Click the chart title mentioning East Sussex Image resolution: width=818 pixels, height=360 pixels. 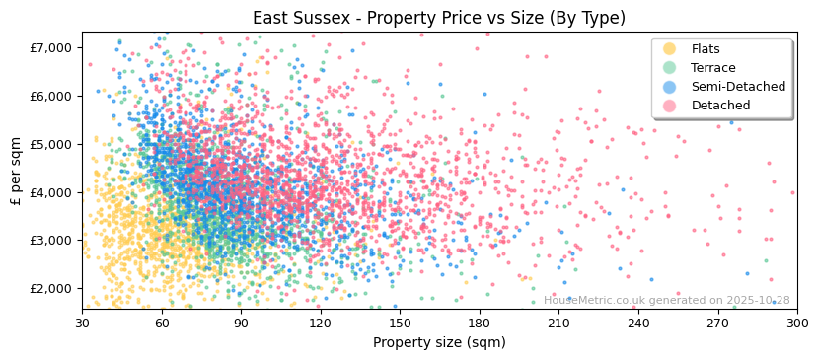(x=439, y=18)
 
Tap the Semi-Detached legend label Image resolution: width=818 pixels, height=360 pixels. (x=738, y=87)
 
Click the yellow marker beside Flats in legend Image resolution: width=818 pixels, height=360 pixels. (x=670, y=49)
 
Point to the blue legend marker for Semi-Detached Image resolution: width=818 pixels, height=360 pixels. (x=670, y=87)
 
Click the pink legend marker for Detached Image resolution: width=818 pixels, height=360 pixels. (x=670, y=106)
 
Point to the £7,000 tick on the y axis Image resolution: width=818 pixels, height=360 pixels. (x=51, y=47)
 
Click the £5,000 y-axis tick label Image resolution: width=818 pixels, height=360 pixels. (x=51, y=144)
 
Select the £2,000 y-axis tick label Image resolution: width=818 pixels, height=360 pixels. (x=51, y=288)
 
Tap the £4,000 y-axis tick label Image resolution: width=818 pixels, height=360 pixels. (x=51, y=192)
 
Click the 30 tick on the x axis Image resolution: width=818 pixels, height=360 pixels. (x=82, y=323)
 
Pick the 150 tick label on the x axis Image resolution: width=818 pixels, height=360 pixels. (x=400, y=323)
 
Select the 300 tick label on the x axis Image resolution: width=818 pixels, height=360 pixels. (x=796, y=323)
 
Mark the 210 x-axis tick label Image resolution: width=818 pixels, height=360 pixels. (x=558, y=323)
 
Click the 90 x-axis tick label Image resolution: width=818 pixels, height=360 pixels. (x=241, y=323)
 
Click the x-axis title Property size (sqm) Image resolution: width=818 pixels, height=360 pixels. (x=439, y=342)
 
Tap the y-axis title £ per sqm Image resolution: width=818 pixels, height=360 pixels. (x=16, y=171)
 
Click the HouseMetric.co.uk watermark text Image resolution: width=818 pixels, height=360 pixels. (x=666, y=301)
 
